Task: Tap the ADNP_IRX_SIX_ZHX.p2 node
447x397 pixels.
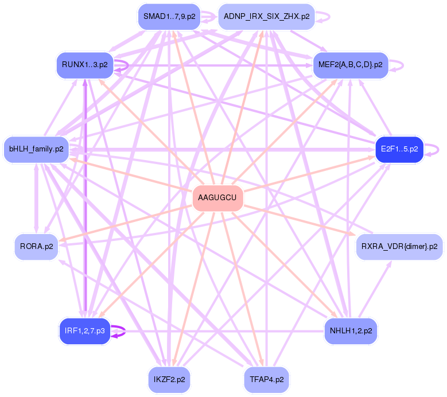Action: (267, 17)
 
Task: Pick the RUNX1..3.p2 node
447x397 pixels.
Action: (84, 64)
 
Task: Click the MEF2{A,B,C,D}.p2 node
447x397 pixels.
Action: (350, 64)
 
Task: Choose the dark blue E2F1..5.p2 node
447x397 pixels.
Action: (399, 149)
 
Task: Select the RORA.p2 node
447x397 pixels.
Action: (37, 247)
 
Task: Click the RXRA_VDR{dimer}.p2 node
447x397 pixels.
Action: (399, 247)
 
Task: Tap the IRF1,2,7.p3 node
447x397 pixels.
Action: (84, 331)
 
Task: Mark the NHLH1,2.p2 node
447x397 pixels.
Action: (351, 331)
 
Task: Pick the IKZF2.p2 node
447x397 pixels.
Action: (169, 379)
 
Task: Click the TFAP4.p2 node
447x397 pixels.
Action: (266, 379)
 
